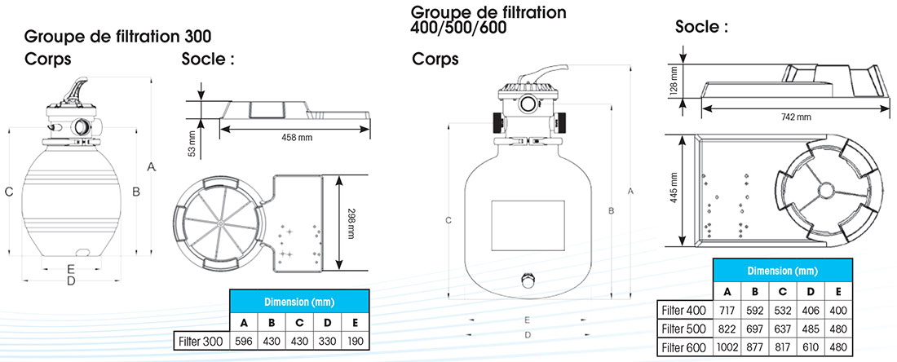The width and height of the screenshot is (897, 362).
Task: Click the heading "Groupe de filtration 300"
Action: click(x=118, y=37)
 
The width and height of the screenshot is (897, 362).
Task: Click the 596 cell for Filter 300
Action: click(x=243, y=340)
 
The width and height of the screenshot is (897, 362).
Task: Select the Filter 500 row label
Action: click(x=684, y=328)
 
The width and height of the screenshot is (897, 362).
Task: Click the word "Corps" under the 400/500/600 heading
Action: click(x=435, y=59)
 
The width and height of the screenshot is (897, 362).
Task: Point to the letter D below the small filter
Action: click(x=71, y=281)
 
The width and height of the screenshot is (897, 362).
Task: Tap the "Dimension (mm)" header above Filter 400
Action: click(x=783, y=271)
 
